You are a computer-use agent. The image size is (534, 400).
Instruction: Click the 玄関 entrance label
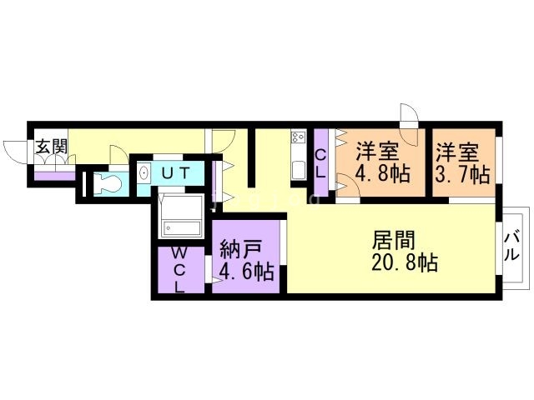pos(50,147)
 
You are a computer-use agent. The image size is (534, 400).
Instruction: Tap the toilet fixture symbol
pos(108,183)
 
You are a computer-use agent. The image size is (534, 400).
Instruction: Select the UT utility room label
pos(176,173)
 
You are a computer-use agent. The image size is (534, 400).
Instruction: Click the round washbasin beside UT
pos(144,174)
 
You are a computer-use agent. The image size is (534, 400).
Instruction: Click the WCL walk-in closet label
pos(179,268)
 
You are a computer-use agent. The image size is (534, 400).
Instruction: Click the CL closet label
pos(321,161)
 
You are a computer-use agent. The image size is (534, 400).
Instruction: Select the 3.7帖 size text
pos(461,175)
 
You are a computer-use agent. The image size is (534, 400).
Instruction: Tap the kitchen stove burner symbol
pos(298,137)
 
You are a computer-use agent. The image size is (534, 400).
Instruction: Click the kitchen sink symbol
pos(298,169)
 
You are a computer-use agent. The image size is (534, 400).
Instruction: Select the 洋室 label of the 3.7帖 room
pos(457,153)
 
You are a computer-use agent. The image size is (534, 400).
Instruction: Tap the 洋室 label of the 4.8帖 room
pos(378,153)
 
